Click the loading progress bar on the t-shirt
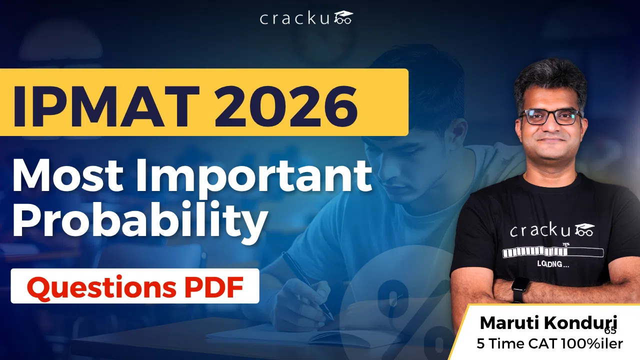pyautogui.click(x=553, y=252)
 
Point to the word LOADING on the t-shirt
pyautogui.click(x=552, y=264)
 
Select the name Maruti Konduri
pyautogui.click(x=548, y=323)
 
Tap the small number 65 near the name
pyautogui.click(x=610, y=330)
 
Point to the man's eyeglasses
pyautogui.click(x=550, y=116)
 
